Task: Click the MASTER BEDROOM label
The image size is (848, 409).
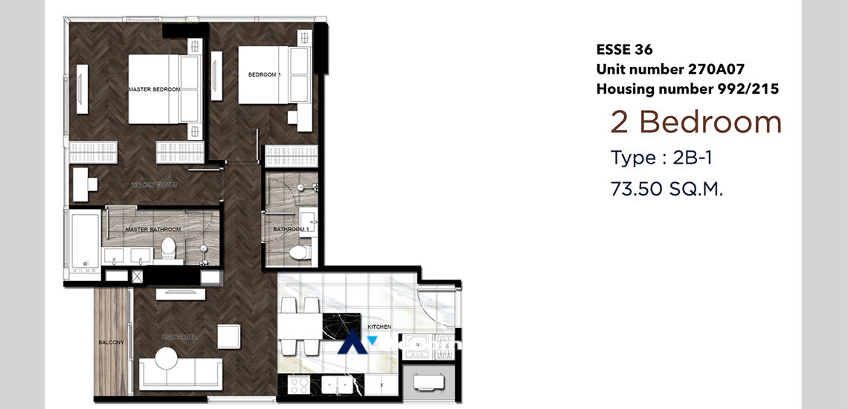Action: pos(154,89)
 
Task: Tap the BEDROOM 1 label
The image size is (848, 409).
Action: pos(264,74)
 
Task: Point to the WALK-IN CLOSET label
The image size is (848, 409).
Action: pos(154,184)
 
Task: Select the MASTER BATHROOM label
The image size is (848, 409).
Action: pos(149,230)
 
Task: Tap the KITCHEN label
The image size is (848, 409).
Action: pos(378,326)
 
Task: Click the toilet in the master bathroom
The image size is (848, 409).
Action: pos(169,248)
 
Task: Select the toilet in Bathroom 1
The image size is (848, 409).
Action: pos(299,253)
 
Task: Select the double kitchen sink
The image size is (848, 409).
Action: pos(339,384)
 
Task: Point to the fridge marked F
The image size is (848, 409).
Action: pos(381,386)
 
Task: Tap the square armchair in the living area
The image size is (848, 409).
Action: pos(228,336)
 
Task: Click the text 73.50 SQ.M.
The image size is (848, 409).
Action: pos(666,189)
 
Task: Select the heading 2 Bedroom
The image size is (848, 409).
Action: pos(696,123)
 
